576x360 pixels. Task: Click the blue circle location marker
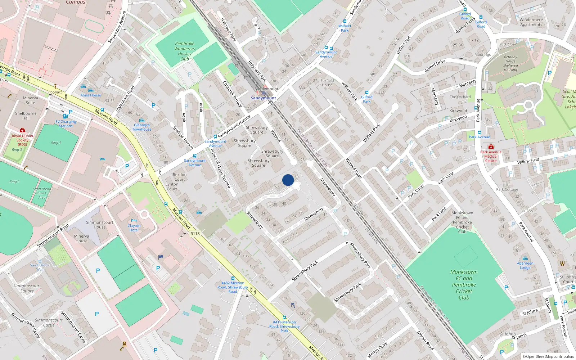coord(288,180)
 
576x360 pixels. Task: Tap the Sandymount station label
coord(264,98)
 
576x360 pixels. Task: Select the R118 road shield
coord(195,234)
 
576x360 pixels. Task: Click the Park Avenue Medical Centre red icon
coord(491,147)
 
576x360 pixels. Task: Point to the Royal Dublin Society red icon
coord(22,130)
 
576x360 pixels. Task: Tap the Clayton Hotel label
coord(134,228)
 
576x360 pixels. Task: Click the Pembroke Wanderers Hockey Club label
coord(185,51)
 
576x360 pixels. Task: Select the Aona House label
coord(91,95)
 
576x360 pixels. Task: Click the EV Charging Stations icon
coord(65,116)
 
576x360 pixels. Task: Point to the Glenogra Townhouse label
coord(141,127)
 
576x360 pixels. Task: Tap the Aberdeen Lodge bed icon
coord(525,258)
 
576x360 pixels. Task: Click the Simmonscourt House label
coord(99,225)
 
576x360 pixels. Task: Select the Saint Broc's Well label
coord(40,267)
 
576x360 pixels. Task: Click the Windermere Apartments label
coord(531,22)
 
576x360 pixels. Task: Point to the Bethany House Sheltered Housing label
coord(510,63)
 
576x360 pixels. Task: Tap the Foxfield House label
coord(327,83)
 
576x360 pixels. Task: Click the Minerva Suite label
coord(30,100)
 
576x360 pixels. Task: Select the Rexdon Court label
coord(180,177)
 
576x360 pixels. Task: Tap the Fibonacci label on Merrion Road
coord(55,92)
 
